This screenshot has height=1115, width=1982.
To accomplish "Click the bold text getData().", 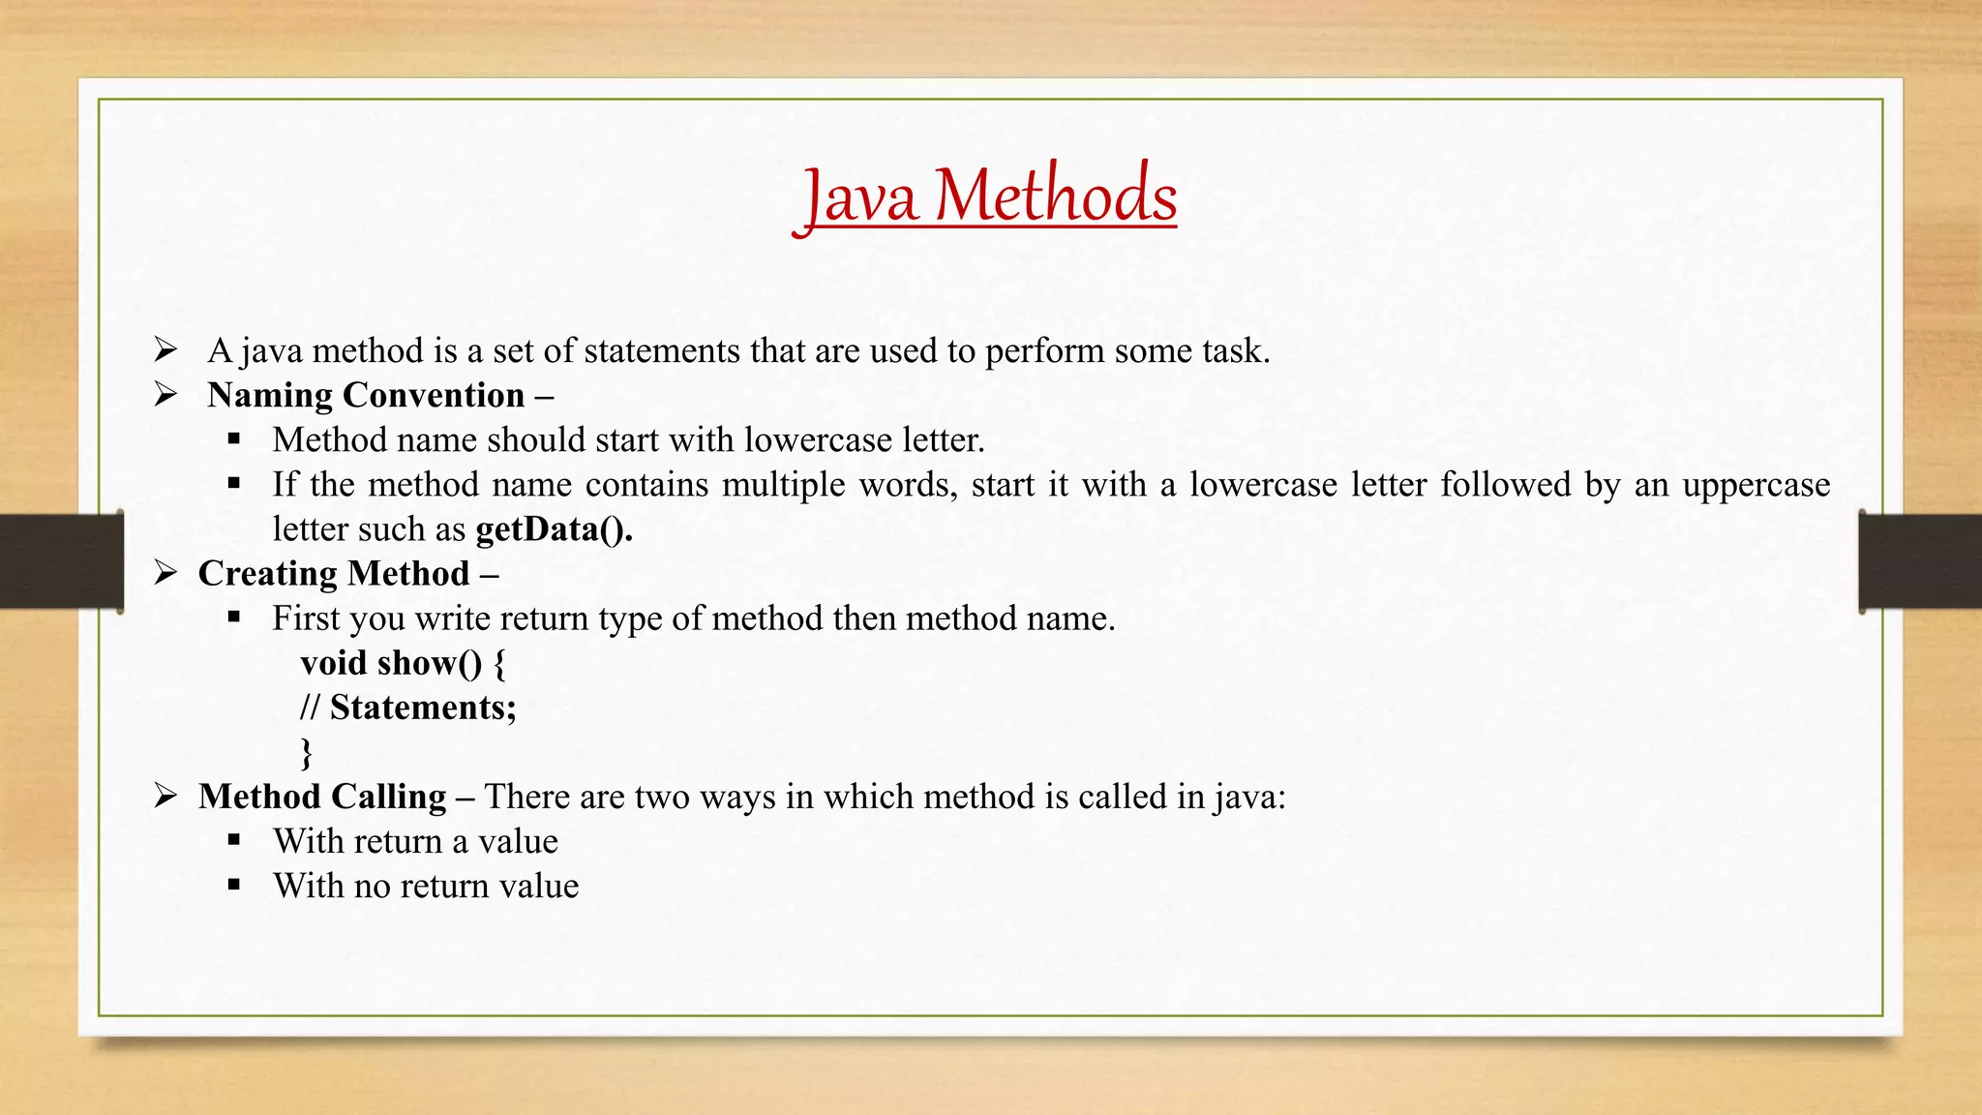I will click(554, 529).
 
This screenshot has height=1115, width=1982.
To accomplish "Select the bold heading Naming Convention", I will click(366, 396).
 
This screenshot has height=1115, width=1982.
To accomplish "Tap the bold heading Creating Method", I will click(334, 574).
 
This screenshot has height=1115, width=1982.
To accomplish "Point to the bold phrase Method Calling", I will click(322, 797).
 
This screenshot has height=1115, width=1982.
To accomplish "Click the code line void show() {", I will click(403, 663).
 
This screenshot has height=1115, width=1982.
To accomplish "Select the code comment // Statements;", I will click(408, 708).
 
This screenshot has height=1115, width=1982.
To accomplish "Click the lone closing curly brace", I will click(307, 752).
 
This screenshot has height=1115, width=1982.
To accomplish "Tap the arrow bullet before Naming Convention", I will click(165, 395).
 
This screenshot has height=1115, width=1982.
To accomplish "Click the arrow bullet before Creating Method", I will click(165, 573).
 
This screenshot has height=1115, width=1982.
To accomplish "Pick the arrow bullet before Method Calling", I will click(165, 796).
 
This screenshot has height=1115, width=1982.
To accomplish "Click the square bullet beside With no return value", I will click(234, 885).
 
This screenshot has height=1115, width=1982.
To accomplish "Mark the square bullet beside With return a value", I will click(234, 840).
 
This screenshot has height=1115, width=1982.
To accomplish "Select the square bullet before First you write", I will click(234, 618).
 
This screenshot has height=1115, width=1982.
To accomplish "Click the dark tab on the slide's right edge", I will click(1920, 561).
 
